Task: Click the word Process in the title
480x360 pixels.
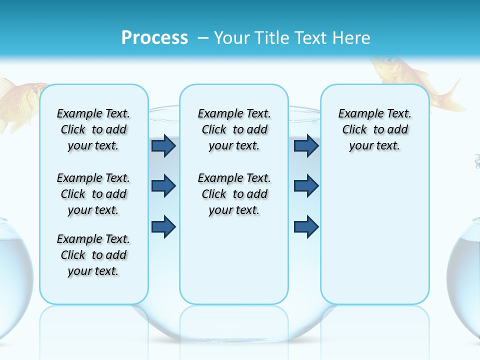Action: coord(154,37)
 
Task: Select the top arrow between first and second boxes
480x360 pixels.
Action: coord(163,146)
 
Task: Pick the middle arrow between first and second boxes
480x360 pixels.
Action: coord(163,186)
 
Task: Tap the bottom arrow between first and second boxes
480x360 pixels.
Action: coord(163,226)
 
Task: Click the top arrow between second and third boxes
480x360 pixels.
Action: coord(306,146)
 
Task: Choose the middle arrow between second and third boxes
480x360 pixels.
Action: coord(306,186)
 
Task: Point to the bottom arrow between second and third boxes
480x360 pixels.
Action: coord(306,226)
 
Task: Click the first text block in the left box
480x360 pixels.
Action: coord(93,129)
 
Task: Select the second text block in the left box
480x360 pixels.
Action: coord(93,194)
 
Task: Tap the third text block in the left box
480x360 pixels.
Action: coord(93,255)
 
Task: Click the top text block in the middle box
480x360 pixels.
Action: coord(234,129)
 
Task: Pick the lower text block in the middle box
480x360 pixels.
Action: coord(234,194)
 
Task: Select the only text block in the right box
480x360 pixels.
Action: coord(374,129)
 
